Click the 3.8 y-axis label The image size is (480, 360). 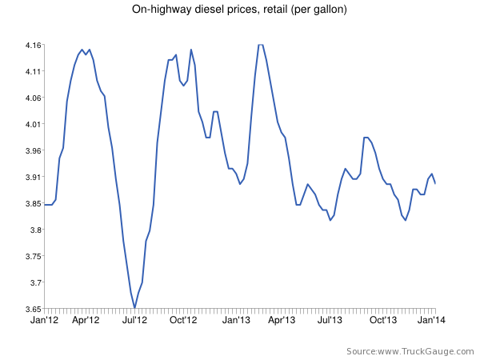(x=35, y=230)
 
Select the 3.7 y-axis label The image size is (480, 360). (x=35, y=282)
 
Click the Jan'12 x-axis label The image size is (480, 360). (x=44, y=321)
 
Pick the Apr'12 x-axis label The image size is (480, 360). (x=86, y=321)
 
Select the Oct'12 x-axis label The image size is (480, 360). (x=183, y=321)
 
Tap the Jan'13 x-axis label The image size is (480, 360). (x=236, y=321)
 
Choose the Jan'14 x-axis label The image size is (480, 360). (x=434, y=321)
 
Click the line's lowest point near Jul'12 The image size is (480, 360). (x=134, y=307)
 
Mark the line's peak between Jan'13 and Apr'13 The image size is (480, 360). (x=261, y=45)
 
